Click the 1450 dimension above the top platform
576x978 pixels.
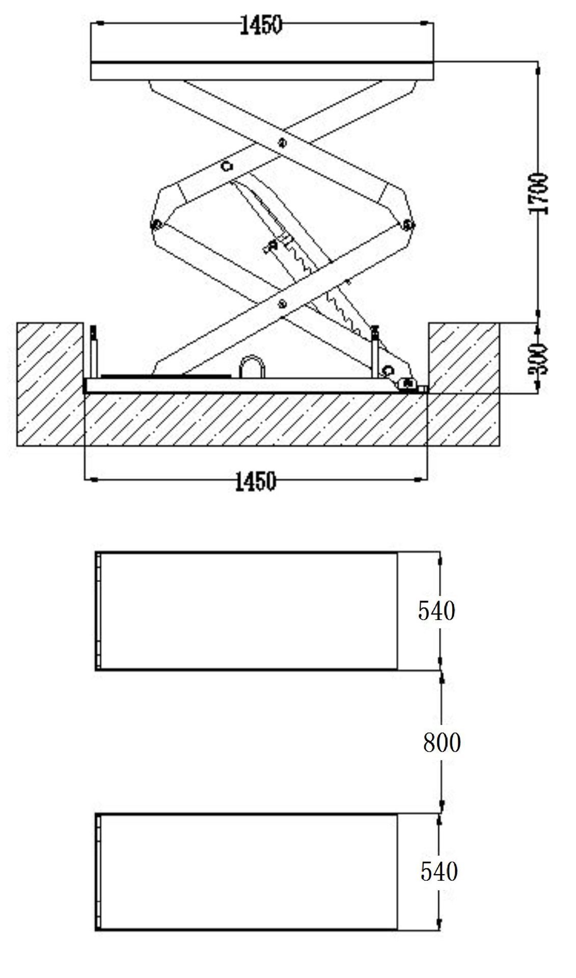point(260,25)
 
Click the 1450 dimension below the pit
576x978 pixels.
point(255,481)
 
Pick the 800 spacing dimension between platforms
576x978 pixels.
point(442,743)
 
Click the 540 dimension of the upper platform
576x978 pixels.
point(436,610)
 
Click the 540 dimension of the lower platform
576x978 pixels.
point(438,871)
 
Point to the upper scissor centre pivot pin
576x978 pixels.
point(282,143)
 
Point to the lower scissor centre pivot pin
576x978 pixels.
point(282,304)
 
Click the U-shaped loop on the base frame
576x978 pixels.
point(252,367)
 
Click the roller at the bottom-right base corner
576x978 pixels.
point(407,384)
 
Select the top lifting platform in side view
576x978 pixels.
point(262,71)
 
